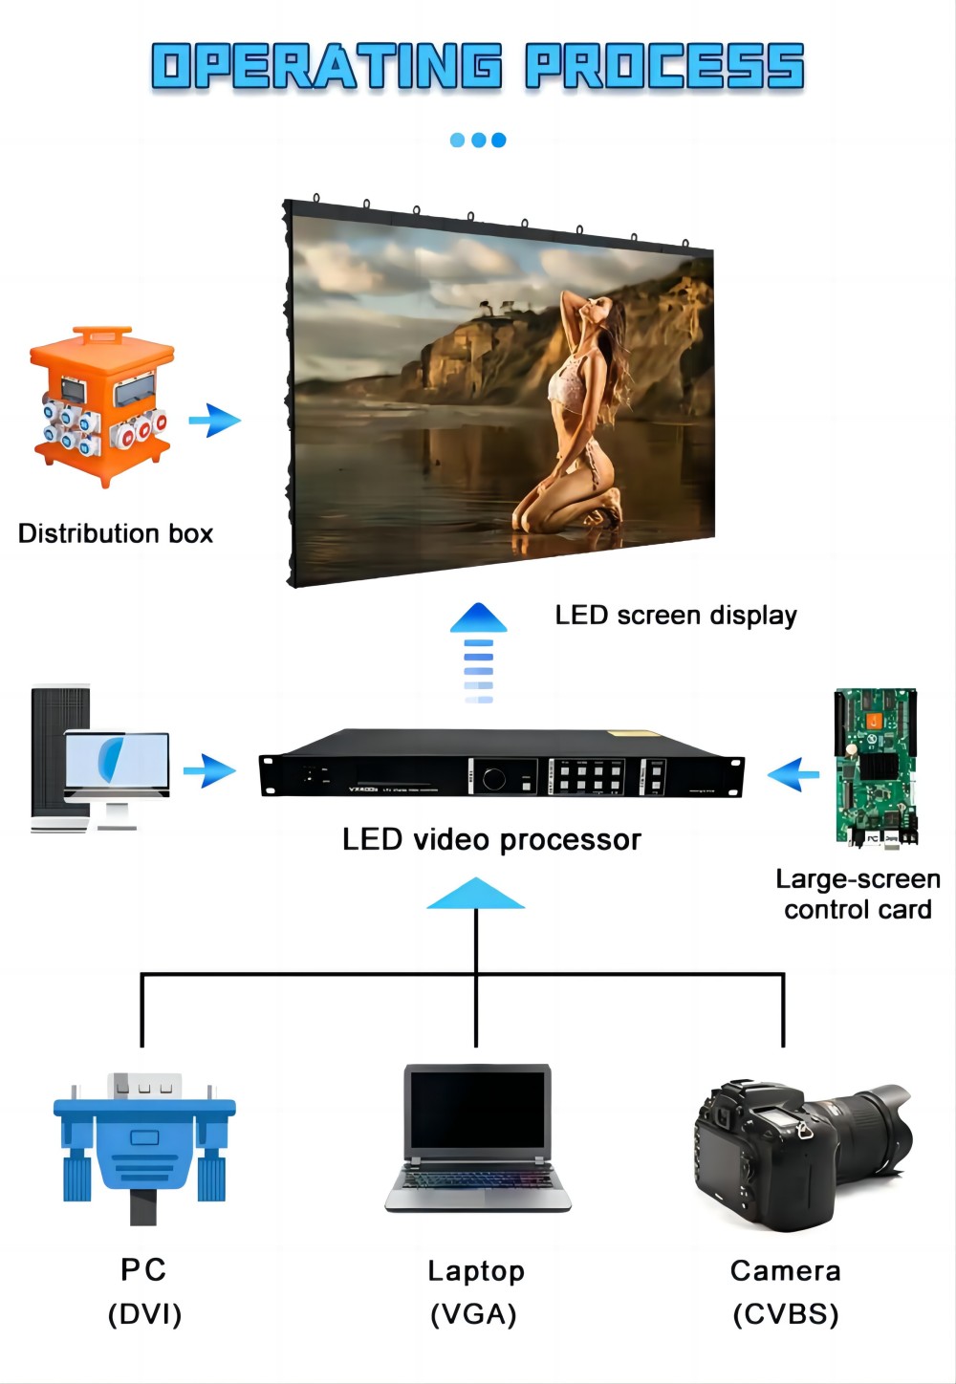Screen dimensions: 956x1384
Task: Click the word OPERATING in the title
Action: [x=327, y=67]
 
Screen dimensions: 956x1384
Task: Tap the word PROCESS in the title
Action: [x=664, y=67]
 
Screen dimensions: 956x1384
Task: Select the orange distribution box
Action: [x=102, y=406]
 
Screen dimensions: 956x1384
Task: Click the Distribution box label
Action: [x=116, y=533]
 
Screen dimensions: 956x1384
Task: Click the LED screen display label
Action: [x=676, y=616]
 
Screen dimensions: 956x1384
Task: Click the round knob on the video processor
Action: [x=494, y=778]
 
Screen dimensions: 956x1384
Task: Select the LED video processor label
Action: [x=491, y=840]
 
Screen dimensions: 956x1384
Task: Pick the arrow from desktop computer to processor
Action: [x=209, y=770]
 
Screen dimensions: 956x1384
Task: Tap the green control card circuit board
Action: [x=876, y=767]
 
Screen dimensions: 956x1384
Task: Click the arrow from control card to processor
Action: [x=793, y=774]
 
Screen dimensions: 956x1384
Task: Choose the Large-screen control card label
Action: [x=858, y=895]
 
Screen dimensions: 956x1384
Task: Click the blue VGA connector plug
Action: [x=144, y=1143]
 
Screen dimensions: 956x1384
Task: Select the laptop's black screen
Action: [x=477, y=1110]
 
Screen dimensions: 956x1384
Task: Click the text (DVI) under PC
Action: [x=144, y=1314]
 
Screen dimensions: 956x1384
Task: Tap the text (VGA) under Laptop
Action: [x=474, y=1315]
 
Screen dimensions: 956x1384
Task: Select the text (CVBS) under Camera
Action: [x=786, y=1315]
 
